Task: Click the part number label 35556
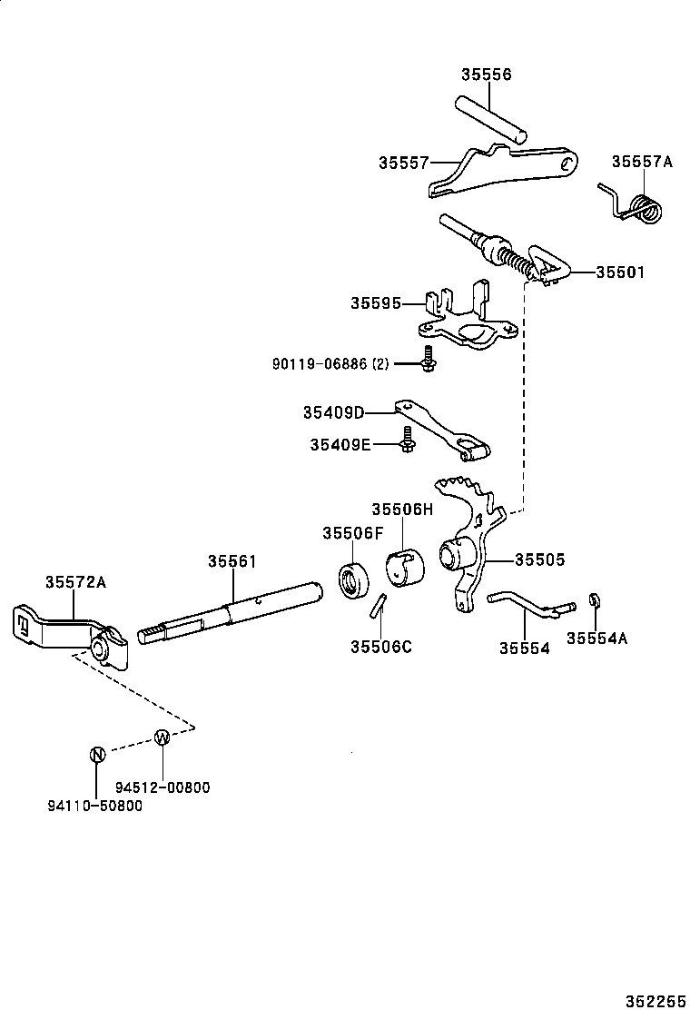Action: [x=486, y=74]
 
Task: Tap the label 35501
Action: [x=620, y=272]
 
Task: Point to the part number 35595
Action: [x=376, y=302]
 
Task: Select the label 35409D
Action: [x=333, y=412]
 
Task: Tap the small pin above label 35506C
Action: [x=379, y=607]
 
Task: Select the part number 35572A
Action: [x=76, y=582]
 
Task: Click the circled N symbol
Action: [x=97, y=753]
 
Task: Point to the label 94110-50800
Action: [x=94, y=805]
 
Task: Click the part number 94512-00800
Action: [x=163, y=787]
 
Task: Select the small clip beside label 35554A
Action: [x=594, y=600]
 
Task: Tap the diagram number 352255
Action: [x=654, y=1000]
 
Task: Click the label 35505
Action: [x=539, y=560]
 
